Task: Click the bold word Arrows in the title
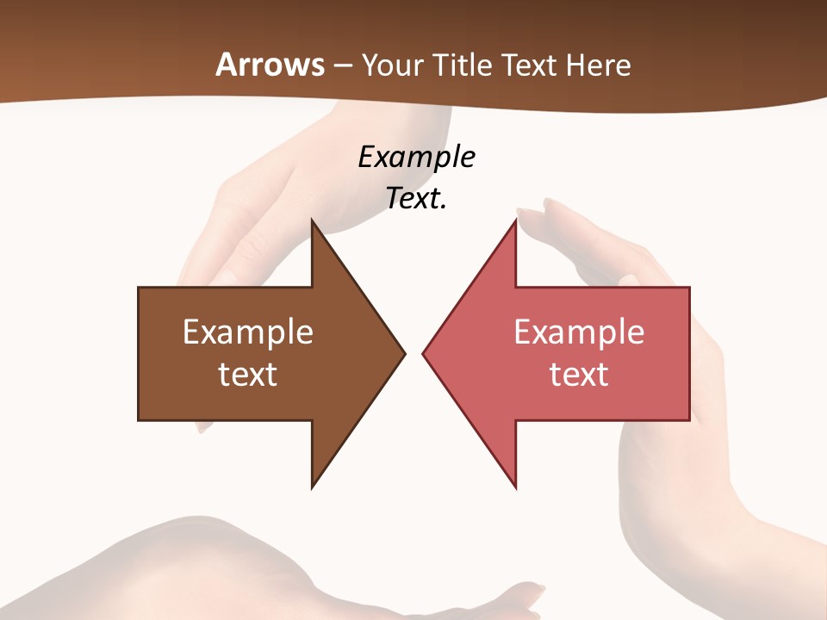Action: (x=270, y=65)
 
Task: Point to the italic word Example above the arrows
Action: (x=416, y=158)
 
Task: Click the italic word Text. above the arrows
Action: (x=416, y=199)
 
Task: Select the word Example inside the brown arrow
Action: (x=248, y=332)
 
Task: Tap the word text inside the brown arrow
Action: (x=248, y=375)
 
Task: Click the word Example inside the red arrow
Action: (x=579, y=332)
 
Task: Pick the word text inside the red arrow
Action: (x=579, y=375)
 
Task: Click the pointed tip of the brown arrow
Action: (x=404, y=352)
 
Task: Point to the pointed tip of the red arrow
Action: (x=423, y=352)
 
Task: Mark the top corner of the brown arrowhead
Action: (x=313, y=220)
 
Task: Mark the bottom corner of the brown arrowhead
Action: (x=313, y=487)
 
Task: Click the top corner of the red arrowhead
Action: (x=515, y=220)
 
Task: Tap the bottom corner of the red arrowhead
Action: (x=515, y=487)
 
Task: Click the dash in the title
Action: (x=342, y=66)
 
